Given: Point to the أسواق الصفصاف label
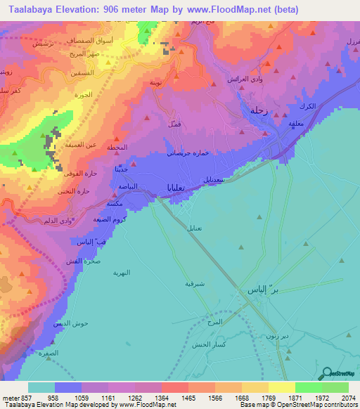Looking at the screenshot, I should [x=73, y=41].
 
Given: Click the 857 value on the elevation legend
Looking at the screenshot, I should [x=25, y=397].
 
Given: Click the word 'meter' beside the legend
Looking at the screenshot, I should [x=9, y=397].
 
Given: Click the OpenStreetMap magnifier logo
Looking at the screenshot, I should [x=326, y=373].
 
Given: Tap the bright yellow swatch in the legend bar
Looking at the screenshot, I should [x=282, y=387].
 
